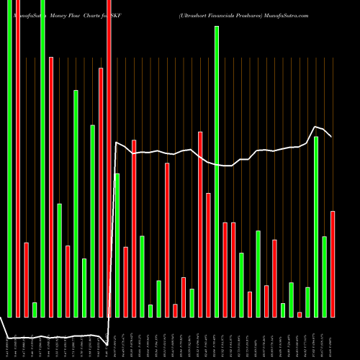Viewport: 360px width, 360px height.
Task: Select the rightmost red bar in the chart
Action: click(333, 264)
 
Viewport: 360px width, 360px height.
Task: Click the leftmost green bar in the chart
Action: click(9, 158)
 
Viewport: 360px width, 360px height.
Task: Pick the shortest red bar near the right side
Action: click(300, 314)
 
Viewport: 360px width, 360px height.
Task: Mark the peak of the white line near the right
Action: click(315, 127)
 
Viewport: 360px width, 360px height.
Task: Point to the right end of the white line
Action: click(331, 136)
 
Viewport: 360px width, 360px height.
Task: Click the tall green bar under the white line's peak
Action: click(316, 226)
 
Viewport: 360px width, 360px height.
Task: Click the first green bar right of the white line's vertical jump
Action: click(117, 245)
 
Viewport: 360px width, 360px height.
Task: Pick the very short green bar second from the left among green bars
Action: click(35, 310)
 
